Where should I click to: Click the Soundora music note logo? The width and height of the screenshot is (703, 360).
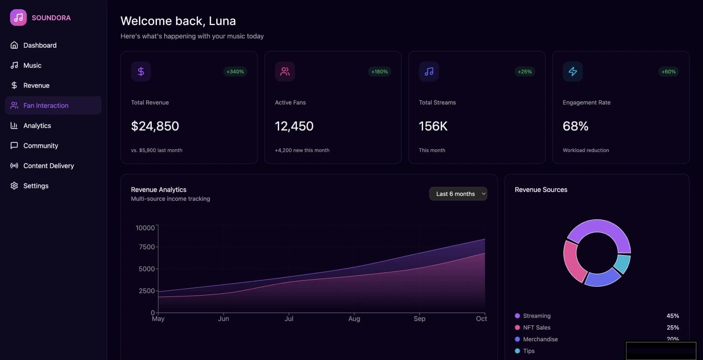coord(18,18)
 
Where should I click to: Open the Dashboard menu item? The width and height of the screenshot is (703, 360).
coord(40,45)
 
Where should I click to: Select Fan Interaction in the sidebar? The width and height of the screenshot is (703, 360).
coord(46,105)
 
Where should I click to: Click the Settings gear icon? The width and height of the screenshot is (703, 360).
coord(14,186)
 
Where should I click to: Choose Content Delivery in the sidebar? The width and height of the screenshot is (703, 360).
coord(49,166)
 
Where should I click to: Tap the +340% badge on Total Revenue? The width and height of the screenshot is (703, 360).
coord(235,72)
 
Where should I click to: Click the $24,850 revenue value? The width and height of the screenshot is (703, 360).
coord(155,126)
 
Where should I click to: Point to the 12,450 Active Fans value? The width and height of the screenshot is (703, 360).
coord(294,126)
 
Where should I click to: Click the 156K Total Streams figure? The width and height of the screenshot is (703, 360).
coord(433,126)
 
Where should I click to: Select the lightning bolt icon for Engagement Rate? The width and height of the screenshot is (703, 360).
coord(573,72)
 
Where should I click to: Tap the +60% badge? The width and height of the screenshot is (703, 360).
coord(668,72)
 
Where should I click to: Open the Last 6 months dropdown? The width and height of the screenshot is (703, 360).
coord(458,194)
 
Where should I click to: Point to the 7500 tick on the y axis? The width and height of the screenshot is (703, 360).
coord(145,247)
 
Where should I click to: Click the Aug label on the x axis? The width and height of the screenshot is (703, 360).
coord(354,319)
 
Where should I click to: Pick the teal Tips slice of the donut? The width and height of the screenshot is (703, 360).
coord(623,263)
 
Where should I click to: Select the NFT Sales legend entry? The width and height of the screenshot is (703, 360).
coord(536,327)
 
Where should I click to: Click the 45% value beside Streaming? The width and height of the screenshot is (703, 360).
coord(673,316)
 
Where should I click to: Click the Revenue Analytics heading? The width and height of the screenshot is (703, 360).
coord(158,190)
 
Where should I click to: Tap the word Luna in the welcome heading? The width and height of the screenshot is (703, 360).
coord(222,21)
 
